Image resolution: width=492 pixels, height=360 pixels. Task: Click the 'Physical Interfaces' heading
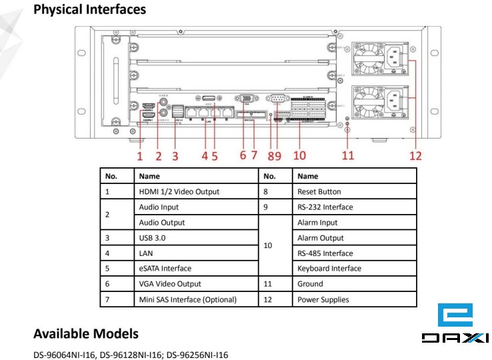(89, 10)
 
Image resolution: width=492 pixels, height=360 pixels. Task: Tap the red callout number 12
(416, 156)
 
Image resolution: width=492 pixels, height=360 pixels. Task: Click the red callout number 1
(140, 156)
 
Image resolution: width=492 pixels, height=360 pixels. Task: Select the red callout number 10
(299, 156)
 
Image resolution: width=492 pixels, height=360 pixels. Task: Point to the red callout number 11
(348, 156)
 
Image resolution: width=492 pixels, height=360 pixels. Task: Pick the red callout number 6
(243, 156)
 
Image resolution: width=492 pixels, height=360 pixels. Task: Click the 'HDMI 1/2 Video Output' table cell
(179, 191)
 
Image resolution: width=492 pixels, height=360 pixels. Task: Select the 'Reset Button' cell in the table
(319, 191)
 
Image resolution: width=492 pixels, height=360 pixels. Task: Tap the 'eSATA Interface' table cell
(165, 269)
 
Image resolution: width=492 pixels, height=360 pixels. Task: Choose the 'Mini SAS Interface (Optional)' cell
(187, 299)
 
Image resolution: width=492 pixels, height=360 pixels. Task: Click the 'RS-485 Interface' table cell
(325, 253)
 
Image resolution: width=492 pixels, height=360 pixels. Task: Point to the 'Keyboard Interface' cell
(329, 269)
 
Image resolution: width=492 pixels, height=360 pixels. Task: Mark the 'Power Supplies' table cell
(323, 299)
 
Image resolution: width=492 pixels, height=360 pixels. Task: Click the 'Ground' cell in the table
(309, 284)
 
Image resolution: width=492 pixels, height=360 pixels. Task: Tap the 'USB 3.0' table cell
(153, 238)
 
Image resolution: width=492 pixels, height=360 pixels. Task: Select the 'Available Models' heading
(86, 333)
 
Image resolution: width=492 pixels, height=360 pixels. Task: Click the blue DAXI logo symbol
(455, 315)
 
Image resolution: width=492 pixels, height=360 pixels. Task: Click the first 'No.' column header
(111, 176)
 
